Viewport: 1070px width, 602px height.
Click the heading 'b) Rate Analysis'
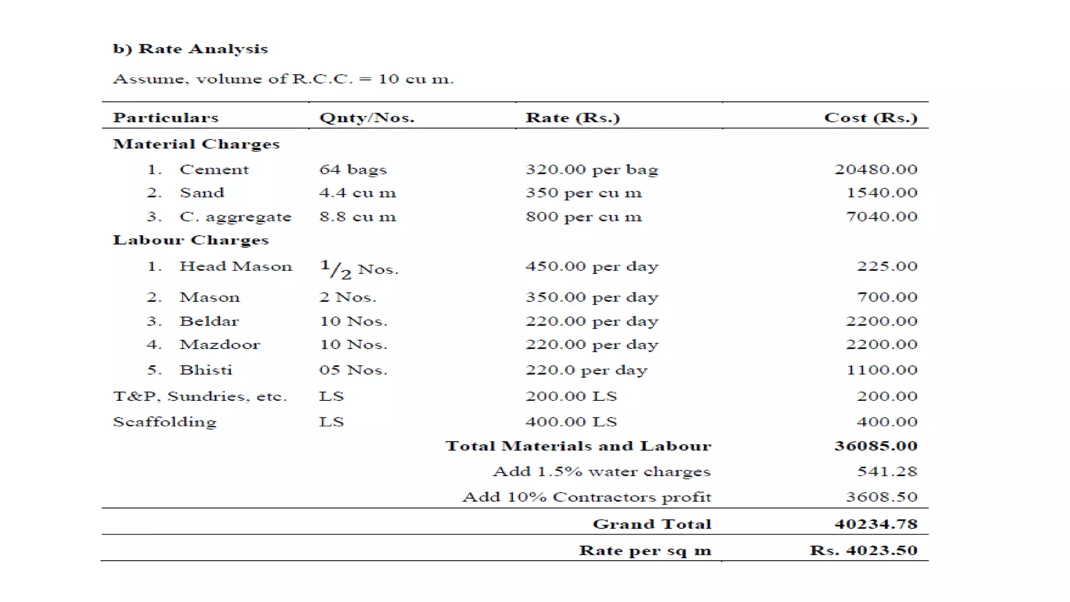190,49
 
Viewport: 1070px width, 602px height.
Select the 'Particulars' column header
166,118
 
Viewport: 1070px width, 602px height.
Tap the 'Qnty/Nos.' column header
367,118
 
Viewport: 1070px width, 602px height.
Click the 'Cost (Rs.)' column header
870,118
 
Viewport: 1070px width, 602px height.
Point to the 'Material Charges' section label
196,144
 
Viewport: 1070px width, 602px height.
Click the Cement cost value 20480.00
876,169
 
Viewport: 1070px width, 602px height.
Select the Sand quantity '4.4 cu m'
358,193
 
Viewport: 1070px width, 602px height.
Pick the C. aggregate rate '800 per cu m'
584,216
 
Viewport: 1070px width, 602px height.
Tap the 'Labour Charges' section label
191,240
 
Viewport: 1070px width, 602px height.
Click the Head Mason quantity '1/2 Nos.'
359,269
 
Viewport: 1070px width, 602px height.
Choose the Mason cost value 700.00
887,297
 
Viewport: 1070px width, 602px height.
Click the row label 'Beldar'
209,321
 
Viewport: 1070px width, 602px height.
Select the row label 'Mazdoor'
219,344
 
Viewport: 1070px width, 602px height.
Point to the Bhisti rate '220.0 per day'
586,370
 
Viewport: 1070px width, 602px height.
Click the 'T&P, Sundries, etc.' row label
200,396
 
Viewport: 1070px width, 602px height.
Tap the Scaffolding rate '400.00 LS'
571,422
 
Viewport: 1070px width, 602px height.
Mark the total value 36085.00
876,446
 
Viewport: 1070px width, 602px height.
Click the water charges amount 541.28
887,471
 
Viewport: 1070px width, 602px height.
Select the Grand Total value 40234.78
876,524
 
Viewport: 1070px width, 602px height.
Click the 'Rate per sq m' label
645,550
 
